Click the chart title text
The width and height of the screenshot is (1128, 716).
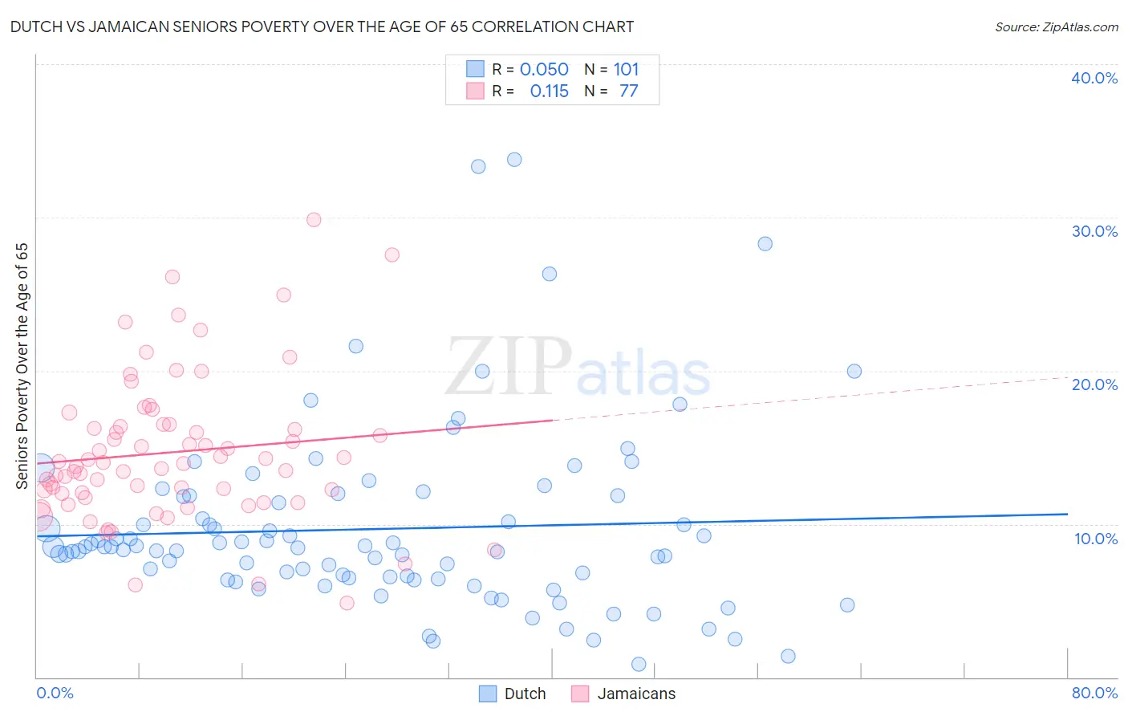pos(322,26)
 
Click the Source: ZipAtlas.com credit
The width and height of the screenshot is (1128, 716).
pos(1056,26)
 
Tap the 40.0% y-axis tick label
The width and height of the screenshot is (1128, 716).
pos(1094,78)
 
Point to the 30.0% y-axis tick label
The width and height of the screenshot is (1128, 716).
pos(1094,231)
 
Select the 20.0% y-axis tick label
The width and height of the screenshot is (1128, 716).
pos(1094,384)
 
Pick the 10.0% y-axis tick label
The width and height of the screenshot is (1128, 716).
pos(1095,539)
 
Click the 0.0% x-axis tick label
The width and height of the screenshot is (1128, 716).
pos(55,693)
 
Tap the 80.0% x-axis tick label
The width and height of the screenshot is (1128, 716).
pos(1094,693)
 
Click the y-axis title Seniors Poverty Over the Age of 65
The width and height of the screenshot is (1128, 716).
pos(22,365)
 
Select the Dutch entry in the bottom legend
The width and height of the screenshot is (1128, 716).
pos(525,694)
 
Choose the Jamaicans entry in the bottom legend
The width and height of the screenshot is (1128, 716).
pos(636,694)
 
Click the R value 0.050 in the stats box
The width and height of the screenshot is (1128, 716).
pos(544,70)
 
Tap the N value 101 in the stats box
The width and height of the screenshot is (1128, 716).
pos(626,70)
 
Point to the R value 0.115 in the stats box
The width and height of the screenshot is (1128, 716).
pos(549,92)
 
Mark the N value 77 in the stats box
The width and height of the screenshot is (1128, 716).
pos(628,92)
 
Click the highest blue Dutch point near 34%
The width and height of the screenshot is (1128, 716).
pos(514,160)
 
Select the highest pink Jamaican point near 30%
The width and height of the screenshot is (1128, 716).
pos(314,220)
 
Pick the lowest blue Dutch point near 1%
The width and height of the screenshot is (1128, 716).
pos(639,664)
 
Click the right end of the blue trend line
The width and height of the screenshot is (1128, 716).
pos(1067,514)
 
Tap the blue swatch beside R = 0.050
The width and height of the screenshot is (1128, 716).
pos(475,69)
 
